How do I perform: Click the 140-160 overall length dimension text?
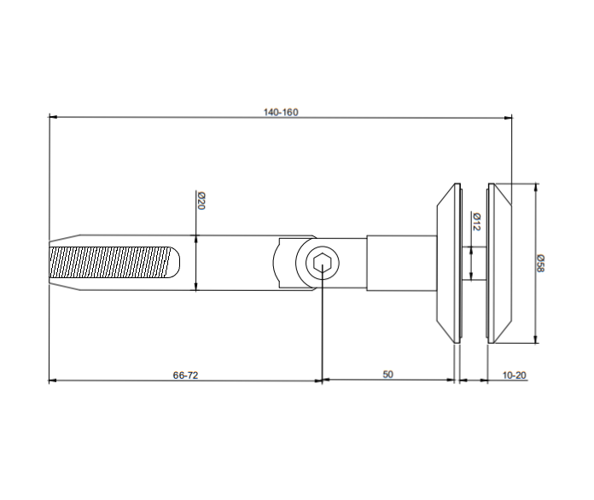[x=281, y=112]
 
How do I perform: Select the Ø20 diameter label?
[x=201, y=201]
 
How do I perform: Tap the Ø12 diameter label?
[x=476, y=223]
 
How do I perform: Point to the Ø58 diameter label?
[x=541, y=262]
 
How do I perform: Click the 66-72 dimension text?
[x=185, y=375]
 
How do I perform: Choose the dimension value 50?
[x=387, y=375]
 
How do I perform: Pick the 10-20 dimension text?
[x=515, y=375]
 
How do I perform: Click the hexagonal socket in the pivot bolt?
[x=322, y=264]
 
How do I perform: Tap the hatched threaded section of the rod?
[x=111, y=264]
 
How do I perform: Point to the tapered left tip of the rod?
[x=55, y=264]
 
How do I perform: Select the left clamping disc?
[x=447, y=264]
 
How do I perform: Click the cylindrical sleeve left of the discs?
[x=400, y=264]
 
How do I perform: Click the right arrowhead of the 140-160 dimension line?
[x=509, y=117]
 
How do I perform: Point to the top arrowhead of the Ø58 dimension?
[x=536, y=187]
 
